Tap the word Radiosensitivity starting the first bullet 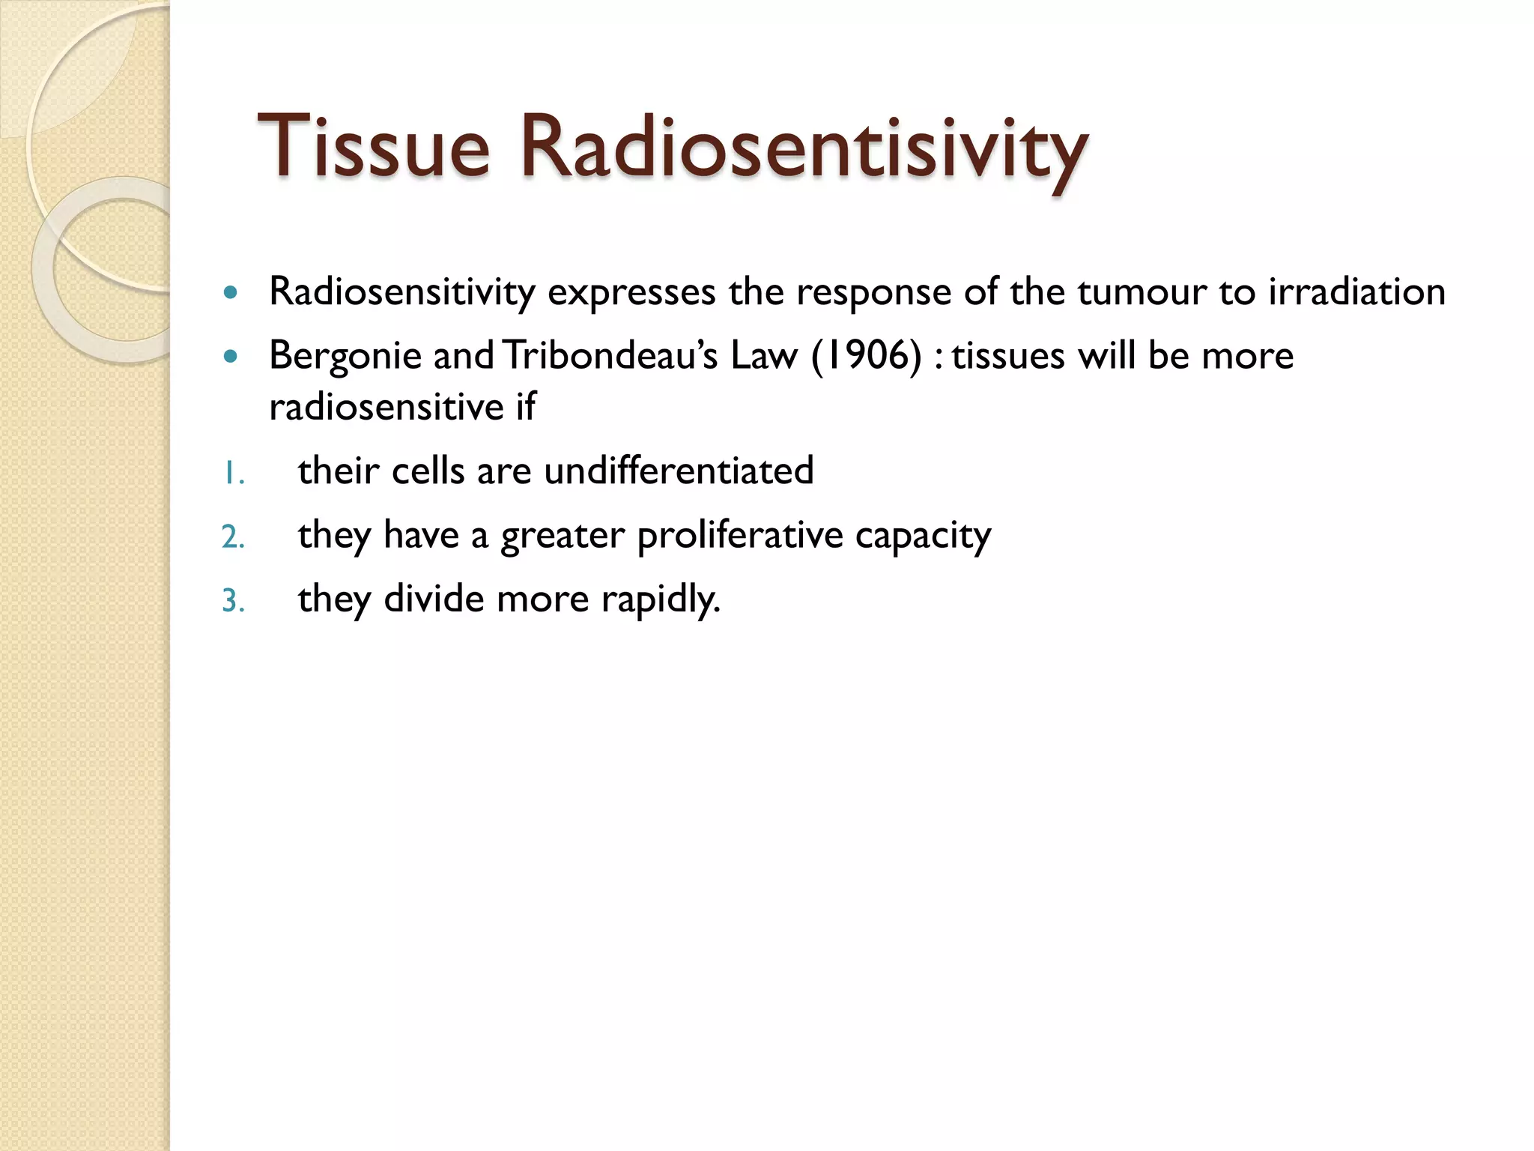coord(402,291)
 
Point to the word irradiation coord(1356,291)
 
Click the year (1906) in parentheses coord(866,355)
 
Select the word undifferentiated coord(679,471)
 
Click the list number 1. coord(233,474)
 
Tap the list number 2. coord(233,537)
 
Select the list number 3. coord(233,601)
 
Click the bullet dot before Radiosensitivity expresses coord(231,292)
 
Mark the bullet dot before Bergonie coord(231,356)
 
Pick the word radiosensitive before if coord(386,407)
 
